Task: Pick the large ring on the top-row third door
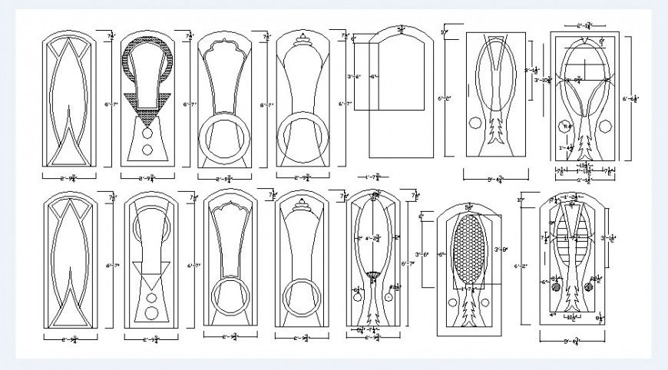click(223, 136)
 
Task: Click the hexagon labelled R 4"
click(567, 126)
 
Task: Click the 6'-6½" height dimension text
click(630, 98)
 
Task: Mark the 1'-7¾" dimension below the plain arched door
click(375, 176)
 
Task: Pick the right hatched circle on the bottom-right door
click(590, 285)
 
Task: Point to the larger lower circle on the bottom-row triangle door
click(150, 312)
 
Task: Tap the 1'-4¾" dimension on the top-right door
click(567, 148)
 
